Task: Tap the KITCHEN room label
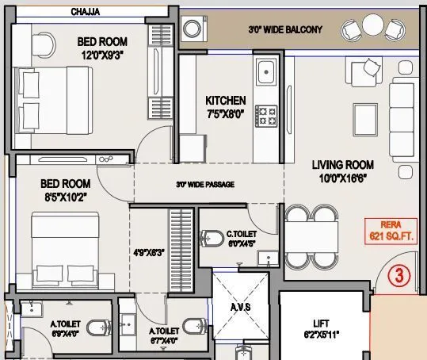(226, 101)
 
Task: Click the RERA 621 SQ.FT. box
(387, 231)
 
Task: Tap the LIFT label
(321, 324)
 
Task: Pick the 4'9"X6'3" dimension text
(149, 253)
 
